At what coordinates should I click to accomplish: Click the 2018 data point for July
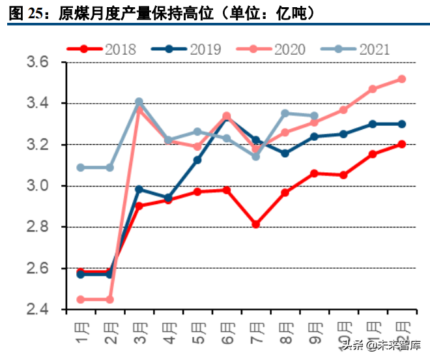[x=256, y=224]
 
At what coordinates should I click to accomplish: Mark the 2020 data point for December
[x=401, y=79]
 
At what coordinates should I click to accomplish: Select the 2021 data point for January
[x=81, y=168]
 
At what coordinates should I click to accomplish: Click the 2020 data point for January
[x=81, y=299]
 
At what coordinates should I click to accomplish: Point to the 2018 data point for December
[x=401, y=144]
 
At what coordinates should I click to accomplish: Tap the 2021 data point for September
[x=314, y=115]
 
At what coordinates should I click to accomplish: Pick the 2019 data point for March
[x=139, y=189]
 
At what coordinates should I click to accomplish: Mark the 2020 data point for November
[x=373, y=89]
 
